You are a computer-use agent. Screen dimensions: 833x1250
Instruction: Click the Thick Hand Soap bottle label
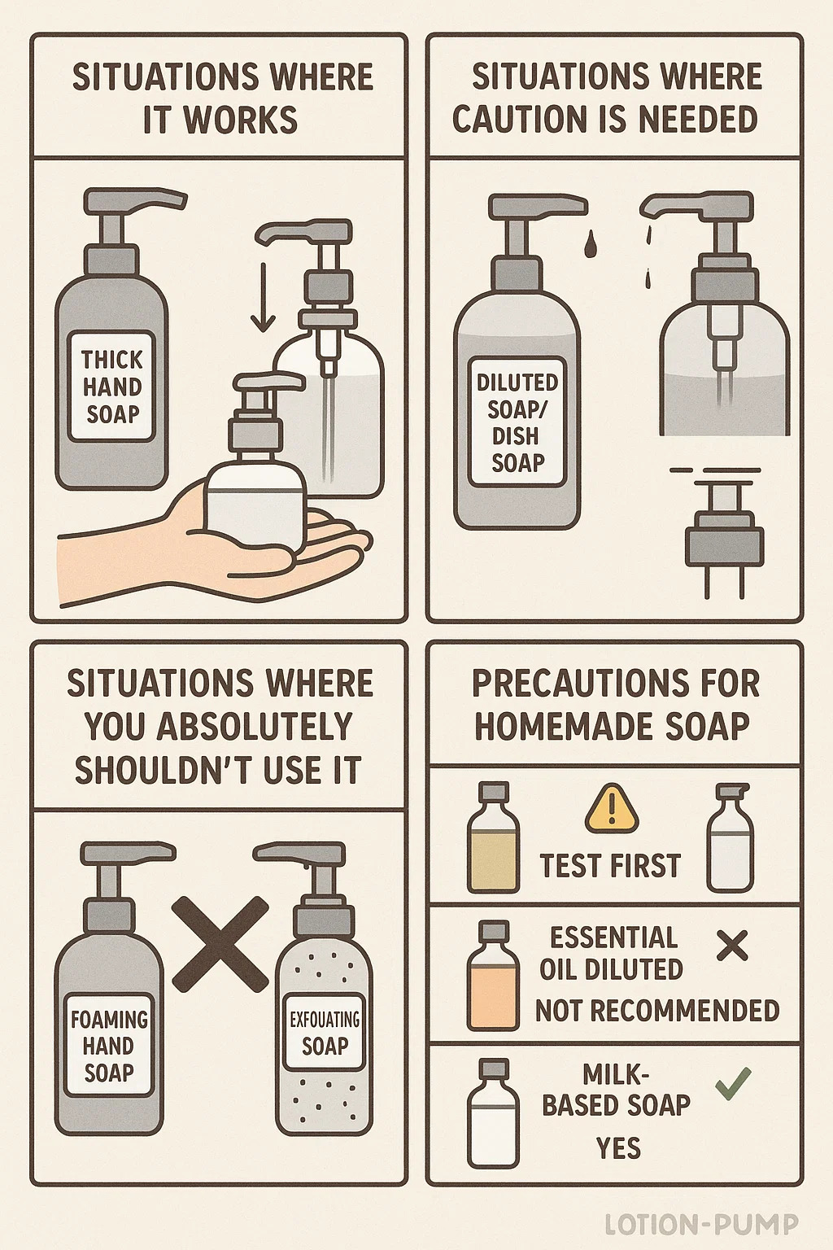(111, 387)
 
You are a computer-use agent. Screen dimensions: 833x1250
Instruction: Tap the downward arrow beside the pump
(263, 295)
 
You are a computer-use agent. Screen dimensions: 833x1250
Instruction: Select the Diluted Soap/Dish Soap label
(517, 422)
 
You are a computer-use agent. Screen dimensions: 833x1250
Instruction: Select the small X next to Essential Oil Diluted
(732, 946)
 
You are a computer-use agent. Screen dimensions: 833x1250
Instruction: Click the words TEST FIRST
(610, 866)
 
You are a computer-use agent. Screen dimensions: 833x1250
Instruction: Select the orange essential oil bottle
(493, 976)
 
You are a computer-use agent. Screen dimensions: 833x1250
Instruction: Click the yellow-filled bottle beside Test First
(493, 837)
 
